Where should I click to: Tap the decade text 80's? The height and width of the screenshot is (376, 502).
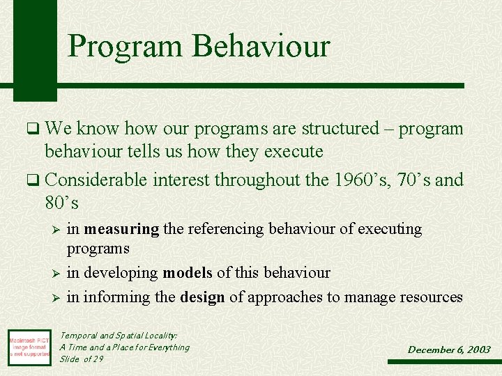point(61,203)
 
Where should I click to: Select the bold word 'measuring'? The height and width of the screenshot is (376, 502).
point(122,229)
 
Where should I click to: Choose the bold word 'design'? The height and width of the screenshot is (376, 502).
point(202,297)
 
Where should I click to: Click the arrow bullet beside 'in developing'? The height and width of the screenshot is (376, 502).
point(59,274)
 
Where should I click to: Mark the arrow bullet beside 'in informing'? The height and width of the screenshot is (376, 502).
point(59,298)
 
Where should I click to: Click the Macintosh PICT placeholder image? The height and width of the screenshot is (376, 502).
point(29,346)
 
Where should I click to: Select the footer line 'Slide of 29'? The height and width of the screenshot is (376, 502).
point(82,359)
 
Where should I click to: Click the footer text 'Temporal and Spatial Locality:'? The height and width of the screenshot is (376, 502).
point(119,335)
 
